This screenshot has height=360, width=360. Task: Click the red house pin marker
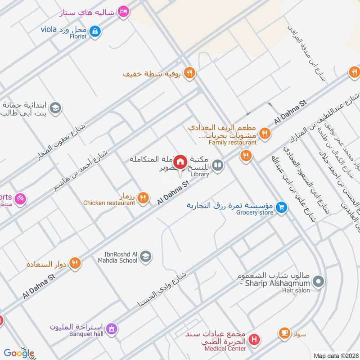pyautogui.click(x=180, y=162)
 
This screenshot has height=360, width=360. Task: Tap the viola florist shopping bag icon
pyautogui.click(x=95, y=31)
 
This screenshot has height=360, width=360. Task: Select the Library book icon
pyautogui.click(x=218, y=166)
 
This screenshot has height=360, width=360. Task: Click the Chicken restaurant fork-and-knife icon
pyautogui.click(x=143, y=197)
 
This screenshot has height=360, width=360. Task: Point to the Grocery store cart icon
pyautogui.click(x=282, y=207)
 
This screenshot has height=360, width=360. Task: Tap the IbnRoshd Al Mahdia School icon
pyautogui.click(x=145, y=257)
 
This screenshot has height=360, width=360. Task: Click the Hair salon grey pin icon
pyautogui.click(x=319, y=282)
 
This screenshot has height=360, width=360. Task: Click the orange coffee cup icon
pyautogui.click(x=284, y=333)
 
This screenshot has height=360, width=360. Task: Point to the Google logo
pyautogui.click(x=19, y=353)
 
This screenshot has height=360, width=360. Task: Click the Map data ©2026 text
pyautogui.click(x=336, y=355)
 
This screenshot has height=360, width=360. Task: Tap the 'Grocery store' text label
pyautogui.click(x=255, y=213)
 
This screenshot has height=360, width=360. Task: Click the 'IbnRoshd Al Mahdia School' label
pyautogui.click(x=119, y=257)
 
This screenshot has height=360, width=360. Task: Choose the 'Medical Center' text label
pyautogui.click(x=225, y=348)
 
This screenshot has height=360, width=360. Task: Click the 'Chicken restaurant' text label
pyautogui.click(x=109, y=203)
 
